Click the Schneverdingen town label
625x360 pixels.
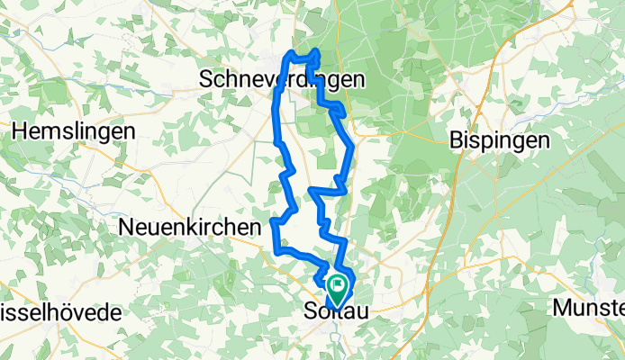(x=281, y=80)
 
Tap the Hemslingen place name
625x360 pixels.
(x=74, y=130)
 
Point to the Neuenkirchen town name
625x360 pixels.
(x=189, y=229)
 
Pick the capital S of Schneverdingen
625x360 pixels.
(x=204, y=80)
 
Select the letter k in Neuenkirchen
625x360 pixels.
(x=205, y=229)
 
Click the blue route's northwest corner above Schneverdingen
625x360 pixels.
(x=287, y=57)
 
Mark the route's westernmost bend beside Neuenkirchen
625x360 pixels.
(x=273, y=224)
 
